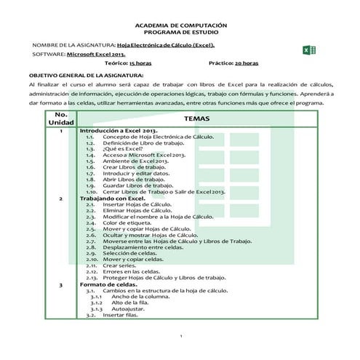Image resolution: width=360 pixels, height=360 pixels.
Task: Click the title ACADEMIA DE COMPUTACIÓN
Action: (x=180, y=24)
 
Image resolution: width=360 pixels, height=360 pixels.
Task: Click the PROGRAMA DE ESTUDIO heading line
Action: (x=180, y=33)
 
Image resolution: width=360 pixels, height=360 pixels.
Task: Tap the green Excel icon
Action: (x=308, y=49)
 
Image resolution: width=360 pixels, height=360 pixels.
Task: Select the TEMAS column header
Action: (x=196, y=118)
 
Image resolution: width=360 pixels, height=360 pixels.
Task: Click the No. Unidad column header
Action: (x=61, y=118)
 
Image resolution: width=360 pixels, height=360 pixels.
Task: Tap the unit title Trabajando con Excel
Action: (x=113, y=199)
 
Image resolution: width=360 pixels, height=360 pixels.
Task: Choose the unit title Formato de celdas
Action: (x=106, y=284)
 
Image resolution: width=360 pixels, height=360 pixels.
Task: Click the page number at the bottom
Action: (x=180, y=335)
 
